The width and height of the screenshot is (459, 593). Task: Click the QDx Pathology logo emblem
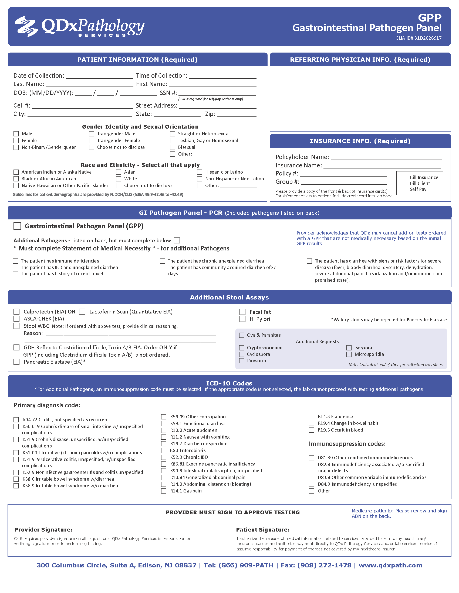[26, 26]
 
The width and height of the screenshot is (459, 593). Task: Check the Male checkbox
[16, 134]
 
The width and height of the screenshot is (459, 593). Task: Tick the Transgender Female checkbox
[92, 141]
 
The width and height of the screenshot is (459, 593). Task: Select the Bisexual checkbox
[173, 147]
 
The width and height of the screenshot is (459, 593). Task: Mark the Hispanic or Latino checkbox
[200, 172]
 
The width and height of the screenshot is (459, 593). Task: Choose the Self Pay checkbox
[405, 189]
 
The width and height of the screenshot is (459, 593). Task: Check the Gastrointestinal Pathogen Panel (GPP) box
[17, 226]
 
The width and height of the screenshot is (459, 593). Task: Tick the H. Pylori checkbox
[242, 319]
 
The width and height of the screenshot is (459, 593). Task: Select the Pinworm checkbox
[242, 361]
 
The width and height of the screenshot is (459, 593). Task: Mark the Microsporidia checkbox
[349, 354]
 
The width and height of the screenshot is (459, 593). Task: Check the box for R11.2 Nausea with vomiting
[164, 437]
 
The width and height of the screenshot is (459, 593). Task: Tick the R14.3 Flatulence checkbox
[312, 416]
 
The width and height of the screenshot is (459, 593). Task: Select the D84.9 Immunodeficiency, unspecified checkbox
[312, 484]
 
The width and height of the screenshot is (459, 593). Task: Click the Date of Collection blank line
[99, 76]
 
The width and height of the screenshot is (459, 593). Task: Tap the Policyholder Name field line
[386, 157]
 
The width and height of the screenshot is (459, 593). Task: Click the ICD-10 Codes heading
[229, 383]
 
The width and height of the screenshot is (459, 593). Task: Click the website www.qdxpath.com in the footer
[390, 565]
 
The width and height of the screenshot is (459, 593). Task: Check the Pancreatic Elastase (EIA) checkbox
[16, 362]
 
